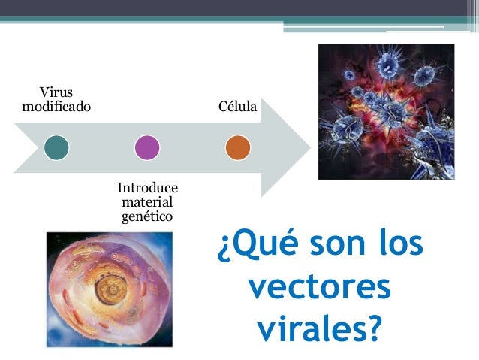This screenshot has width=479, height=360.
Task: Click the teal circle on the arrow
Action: (x=56, y=147)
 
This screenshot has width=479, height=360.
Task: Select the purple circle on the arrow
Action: (x=146, y=147)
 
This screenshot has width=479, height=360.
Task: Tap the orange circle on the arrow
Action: (x=237, y=147)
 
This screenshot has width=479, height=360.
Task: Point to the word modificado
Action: (x=56, y=107)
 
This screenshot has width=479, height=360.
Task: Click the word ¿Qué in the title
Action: (x=252, y=248)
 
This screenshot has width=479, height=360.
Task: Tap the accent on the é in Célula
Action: (x=229, y=101)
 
